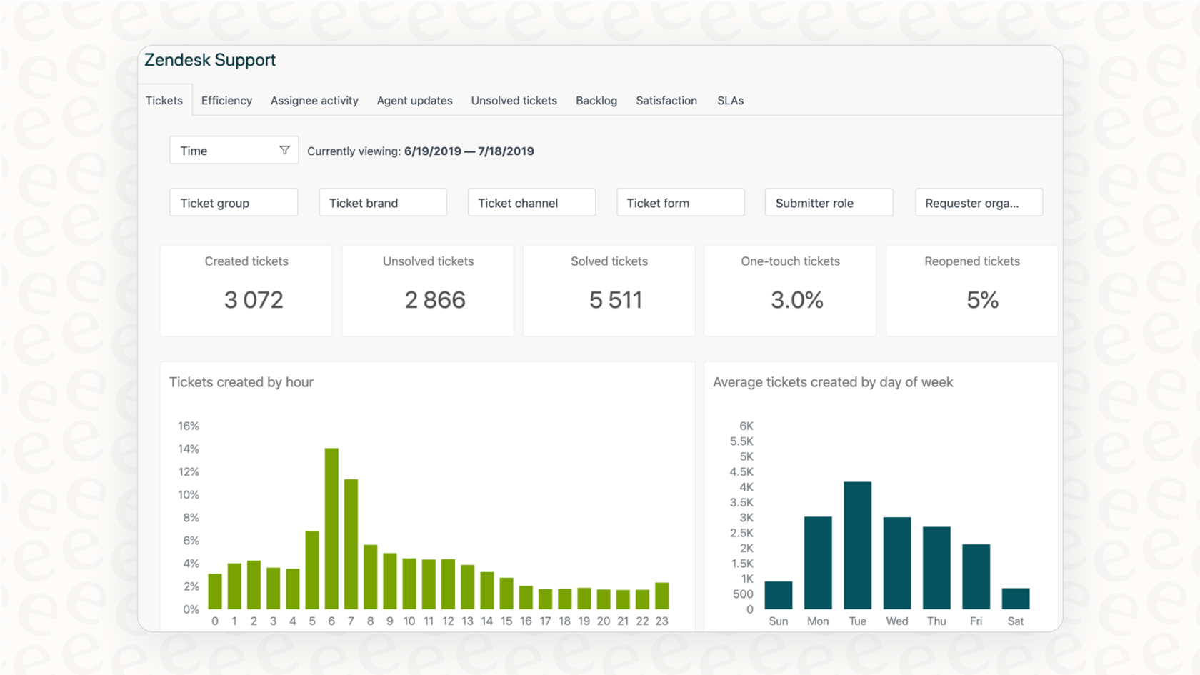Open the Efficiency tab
(x=226, y=101)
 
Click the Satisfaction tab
(x=666, y=101)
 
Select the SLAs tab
(x=730, y=101)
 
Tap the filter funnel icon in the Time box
(x=284, y=151)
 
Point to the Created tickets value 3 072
(x=254, y=300)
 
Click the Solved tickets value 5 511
(x=616, y=300)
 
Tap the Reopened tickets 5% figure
(x=982, y=300)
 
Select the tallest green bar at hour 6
(x=331, y=529)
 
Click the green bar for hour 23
(x=662, y=596)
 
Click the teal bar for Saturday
(x=1015, y=599)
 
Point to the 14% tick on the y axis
(x=189, y=449)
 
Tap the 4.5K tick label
(x=741, y=471)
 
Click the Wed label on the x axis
(x=896, y=621)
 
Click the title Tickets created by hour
(x=241, y=382)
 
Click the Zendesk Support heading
(x=210, y=60)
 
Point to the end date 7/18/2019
(x=506, y=151)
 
